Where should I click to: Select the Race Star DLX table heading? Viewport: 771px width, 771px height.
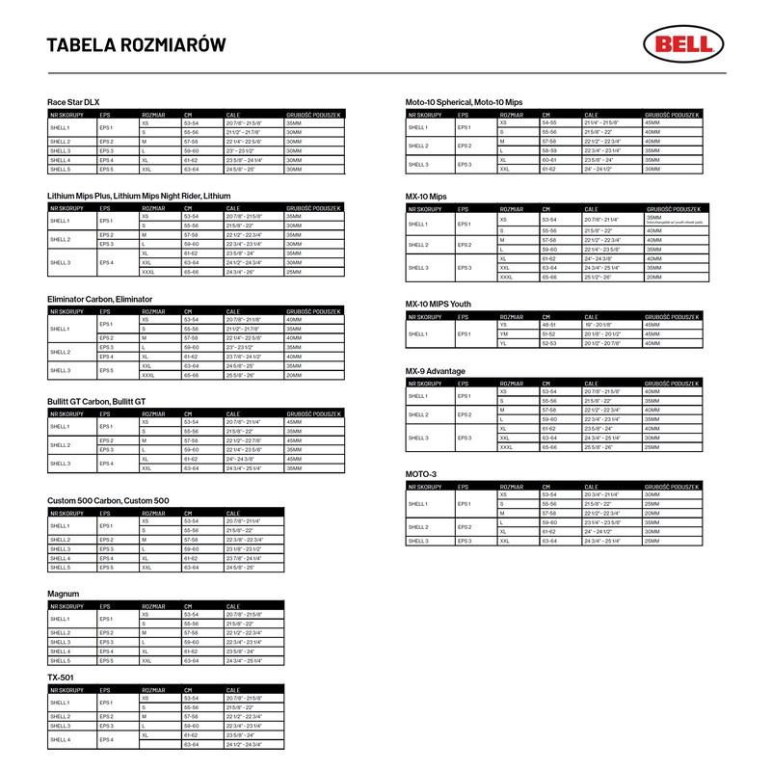coord(73,101)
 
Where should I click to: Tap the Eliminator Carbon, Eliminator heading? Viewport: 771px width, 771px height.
coord(99,300)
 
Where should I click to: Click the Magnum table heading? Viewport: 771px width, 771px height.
coord(63,594)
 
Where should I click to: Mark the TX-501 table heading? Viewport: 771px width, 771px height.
coord(61,678)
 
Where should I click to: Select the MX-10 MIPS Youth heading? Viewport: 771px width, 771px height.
coord(446,304)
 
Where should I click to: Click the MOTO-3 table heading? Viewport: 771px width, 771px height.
coord(421,474)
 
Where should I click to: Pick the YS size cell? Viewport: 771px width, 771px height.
coord(503,325)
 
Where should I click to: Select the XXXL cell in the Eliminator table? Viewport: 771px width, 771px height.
coord(148,376)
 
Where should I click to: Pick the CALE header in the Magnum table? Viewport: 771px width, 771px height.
coord(234,604)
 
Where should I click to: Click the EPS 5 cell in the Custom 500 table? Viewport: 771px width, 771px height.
coord(106,568)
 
